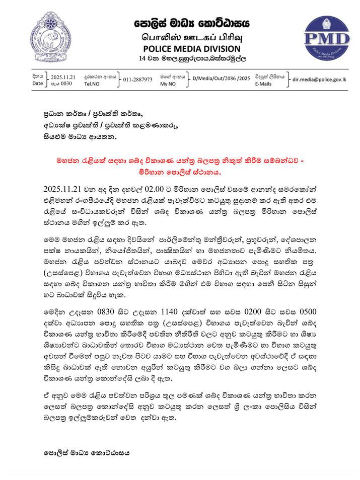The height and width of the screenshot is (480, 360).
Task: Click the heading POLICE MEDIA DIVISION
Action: [x=192, y=49]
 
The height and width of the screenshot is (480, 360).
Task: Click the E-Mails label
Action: [x=263, y=84]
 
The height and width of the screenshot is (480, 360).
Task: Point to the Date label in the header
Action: [x=38, y=84]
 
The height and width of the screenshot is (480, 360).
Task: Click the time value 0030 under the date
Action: [x=65, y=84]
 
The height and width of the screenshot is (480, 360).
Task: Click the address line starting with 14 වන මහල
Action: [x=192, y=59]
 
